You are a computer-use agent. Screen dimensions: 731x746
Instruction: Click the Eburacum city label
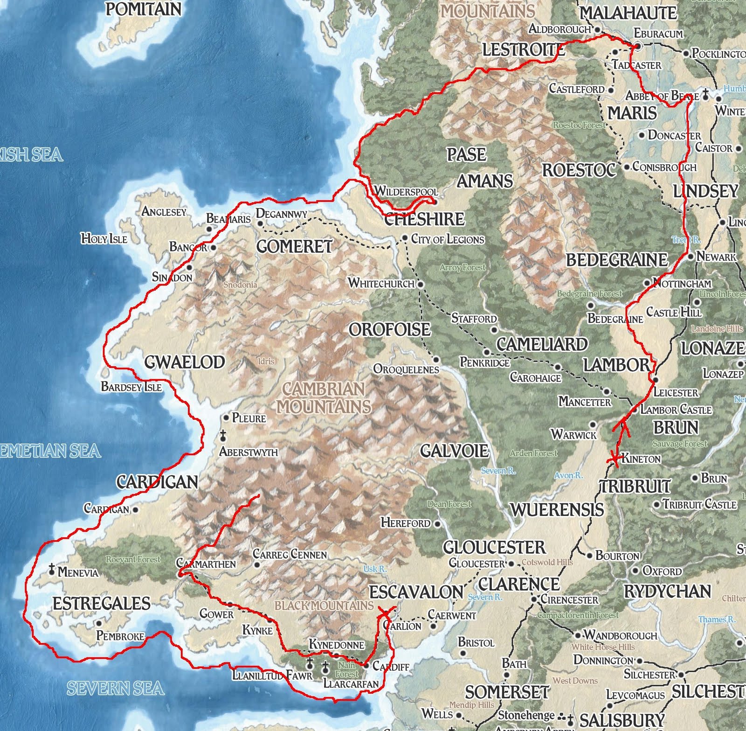[x=658, y=34]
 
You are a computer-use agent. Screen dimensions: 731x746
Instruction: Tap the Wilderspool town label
[x=406, y=191]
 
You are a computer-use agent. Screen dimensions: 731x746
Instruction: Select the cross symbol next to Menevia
[x=52, y=569]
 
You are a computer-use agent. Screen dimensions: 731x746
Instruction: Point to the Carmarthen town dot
[x=181, y=575]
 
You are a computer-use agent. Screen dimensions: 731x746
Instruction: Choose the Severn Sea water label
[x=115, y=689]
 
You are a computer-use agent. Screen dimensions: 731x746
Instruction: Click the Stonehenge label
[x=526, y=715]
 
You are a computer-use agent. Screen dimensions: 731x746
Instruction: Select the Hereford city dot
[x=437, y=523]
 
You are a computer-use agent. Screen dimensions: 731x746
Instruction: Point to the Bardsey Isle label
[x=131, y=387]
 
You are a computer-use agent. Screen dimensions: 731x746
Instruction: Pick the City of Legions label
[x=447, y=239]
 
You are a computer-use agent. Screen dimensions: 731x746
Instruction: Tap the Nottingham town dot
[x=647, y=283]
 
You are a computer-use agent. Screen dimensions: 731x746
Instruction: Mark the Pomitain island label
[x=143, y=9]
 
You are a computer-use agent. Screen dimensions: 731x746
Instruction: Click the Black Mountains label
[x=324, y=606]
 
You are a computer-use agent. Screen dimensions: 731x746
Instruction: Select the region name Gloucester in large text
[x=494, y=547]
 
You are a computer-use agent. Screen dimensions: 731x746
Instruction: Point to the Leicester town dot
[x=656, y=379]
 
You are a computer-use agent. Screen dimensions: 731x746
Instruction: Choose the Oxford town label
[x=662, y=571]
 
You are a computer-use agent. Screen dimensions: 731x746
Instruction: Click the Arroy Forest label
[x=463, y=267]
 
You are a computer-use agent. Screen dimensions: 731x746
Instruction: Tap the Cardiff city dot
[x=367, y=666]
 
